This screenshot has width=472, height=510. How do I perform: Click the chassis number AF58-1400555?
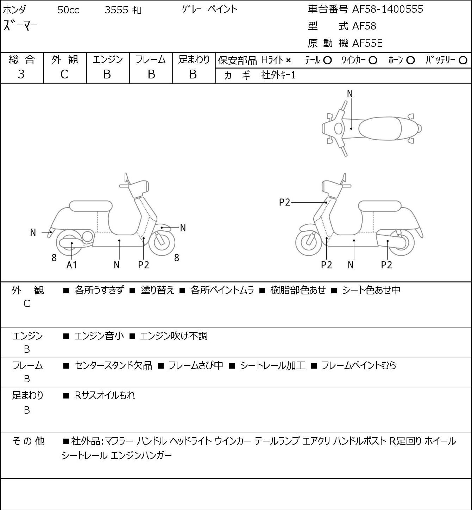click(x=388, y=9)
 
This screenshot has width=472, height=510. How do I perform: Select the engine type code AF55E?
click(x=367, y=43)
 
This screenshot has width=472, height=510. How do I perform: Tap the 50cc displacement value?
click(x=68, y=10)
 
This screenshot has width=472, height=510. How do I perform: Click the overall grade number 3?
click(x=21, y=75)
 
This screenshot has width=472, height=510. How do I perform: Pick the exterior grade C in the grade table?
click(x=64, y=75)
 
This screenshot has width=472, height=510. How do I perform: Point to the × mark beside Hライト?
click(x=288, y=61)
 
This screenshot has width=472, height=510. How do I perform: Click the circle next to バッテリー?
click(x=463, y=60)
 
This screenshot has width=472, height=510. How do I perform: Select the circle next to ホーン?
click(x=410, y=60)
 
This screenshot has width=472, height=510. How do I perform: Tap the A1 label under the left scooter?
click(x=71, y=265)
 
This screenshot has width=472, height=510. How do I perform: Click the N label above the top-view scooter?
click(x=350, y=94)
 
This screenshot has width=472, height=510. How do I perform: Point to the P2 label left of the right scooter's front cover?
click(x=284, y=203)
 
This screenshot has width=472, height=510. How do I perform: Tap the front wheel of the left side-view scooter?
click(x=162, y=243)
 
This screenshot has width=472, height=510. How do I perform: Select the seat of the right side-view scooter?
click(x=380, y=206)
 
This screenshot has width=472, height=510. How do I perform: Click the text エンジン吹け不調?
click(x=174, y=336)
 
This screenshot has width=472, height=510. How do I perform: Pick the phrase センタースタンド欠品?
click(x=113, y=366)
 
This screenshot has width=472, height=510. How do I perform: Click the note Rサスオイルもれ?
click(x=105, y=395)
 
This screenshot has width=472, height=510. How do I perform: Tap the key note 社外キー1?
click(x=278, y=76)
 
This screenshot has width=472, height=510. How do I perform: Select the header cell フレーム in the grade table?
click(x=150, y=60)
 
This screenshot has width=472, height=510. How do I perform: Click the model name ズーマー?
click(x=20, y=26)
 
